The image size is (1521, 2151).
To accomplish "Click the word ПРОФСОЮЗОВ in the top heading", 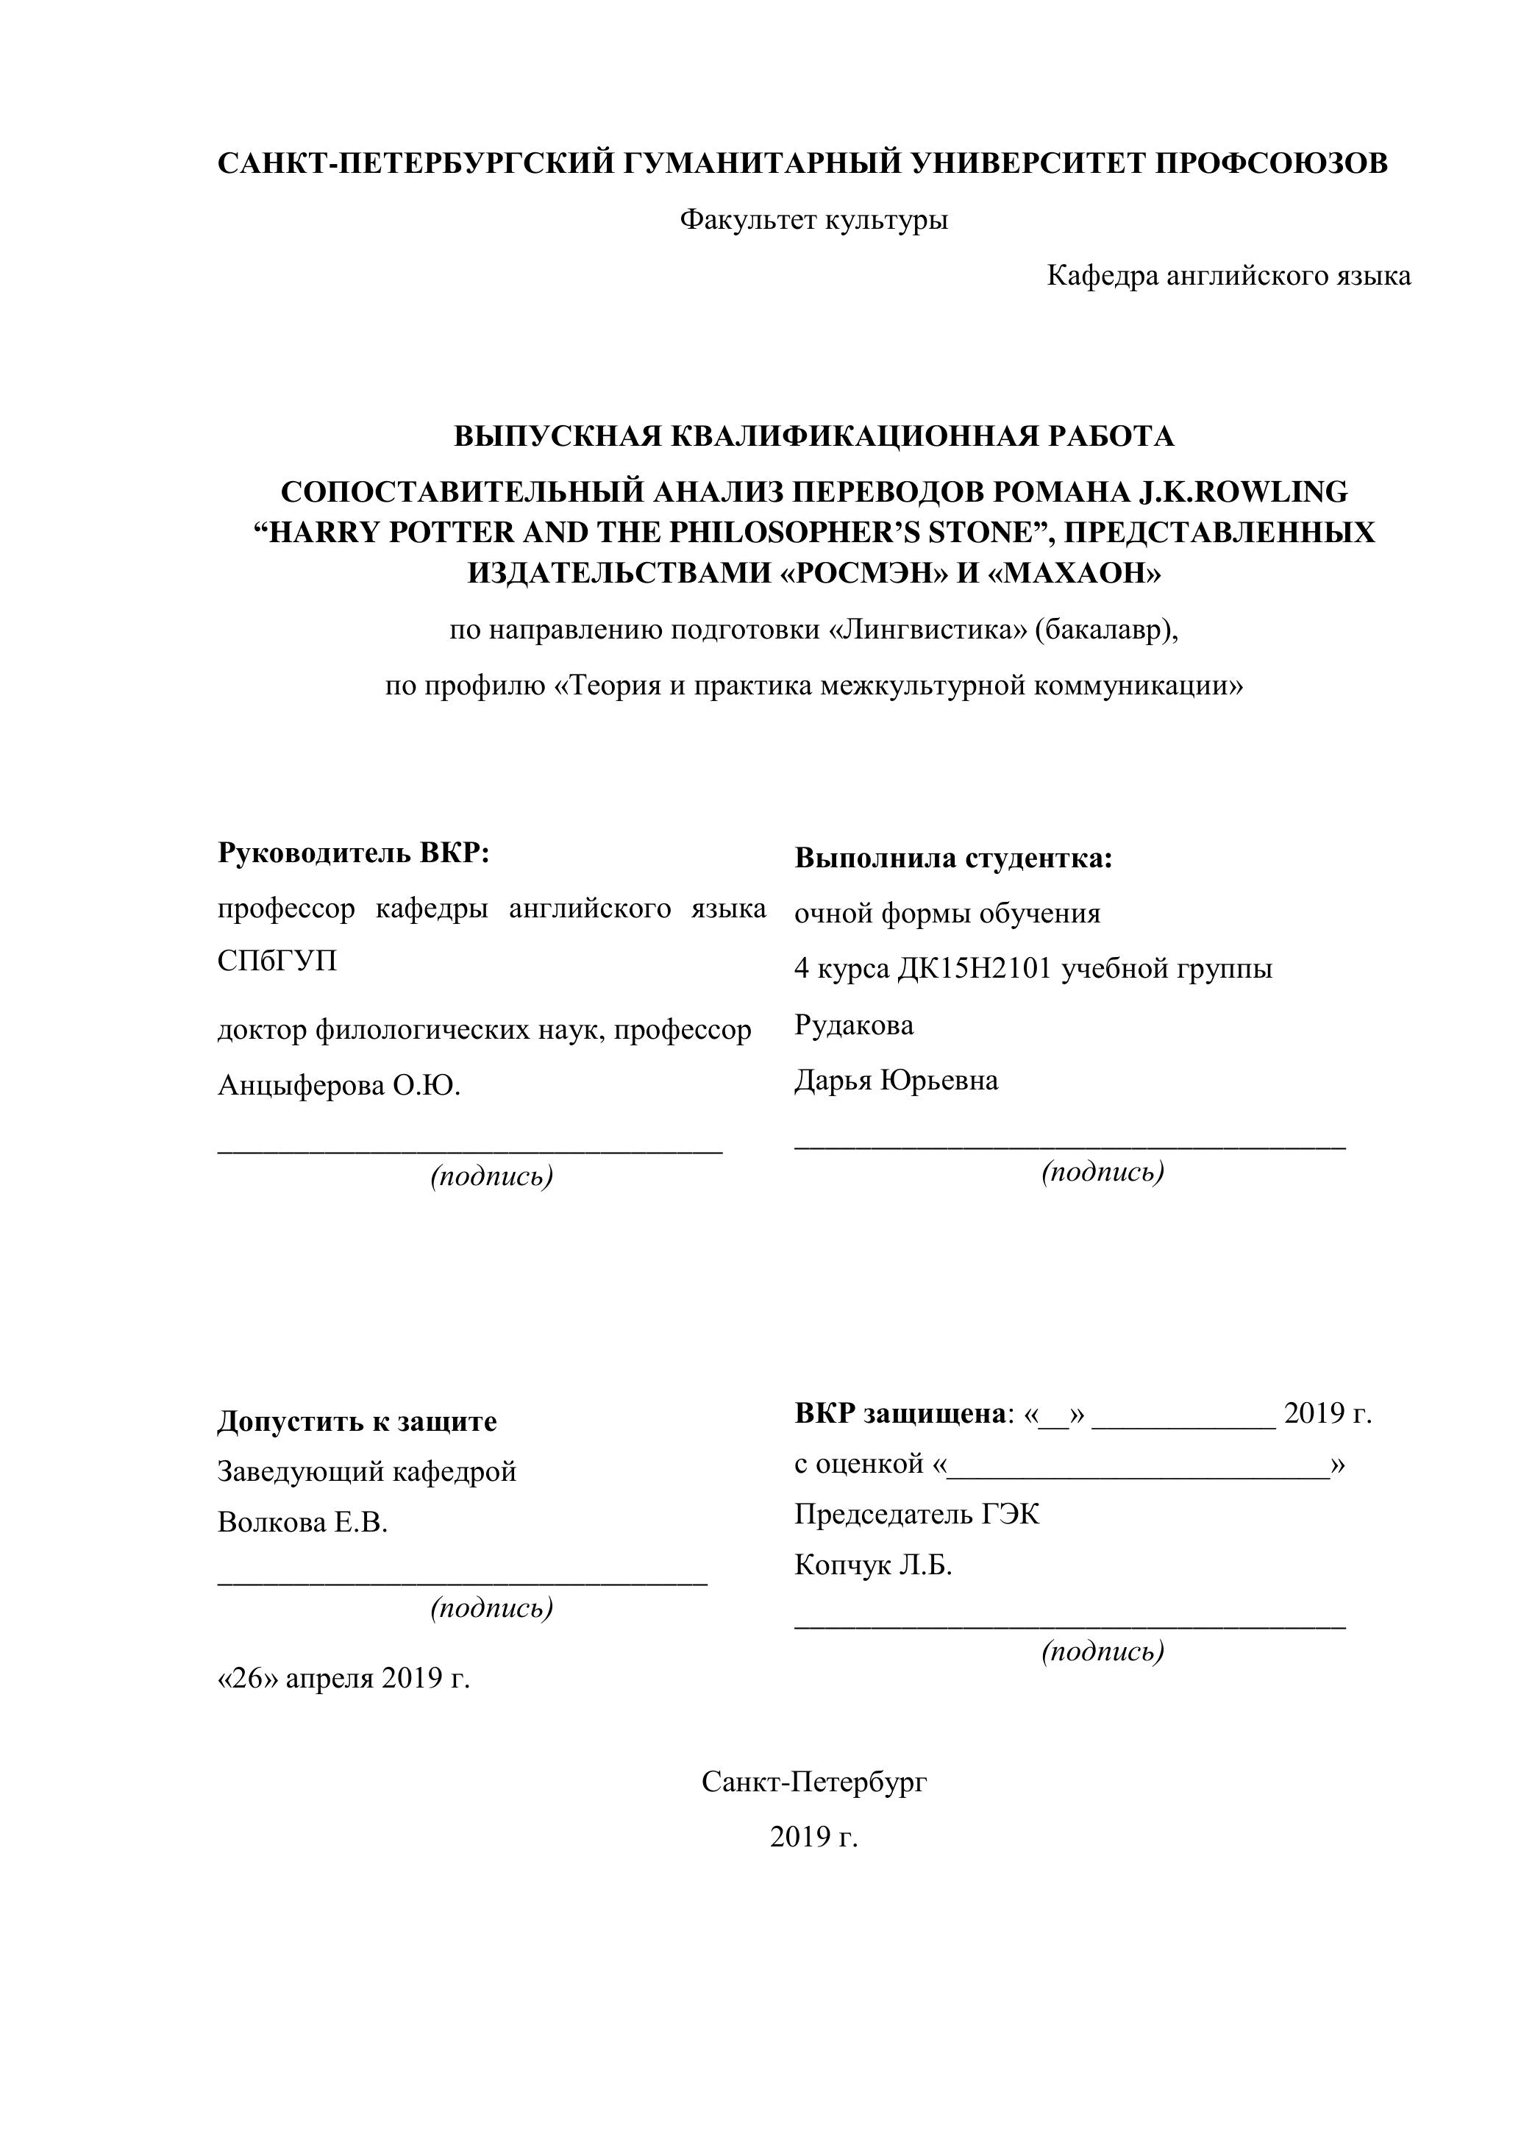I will point(1270,164).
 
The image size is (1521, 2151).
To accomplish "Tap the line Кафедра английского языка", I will point(1228,277).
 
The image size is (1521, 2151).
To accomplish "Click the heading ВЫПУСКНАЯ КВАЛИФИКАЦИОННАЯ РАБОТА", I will point(813,436).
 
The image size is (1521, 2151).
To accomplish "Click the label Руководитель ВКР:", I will point(354,853).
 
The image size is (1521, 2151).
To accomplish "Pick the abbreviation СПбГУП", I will point(277,962).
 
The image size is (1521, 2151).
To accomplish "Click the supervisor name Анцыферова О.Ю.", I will point(339,1086).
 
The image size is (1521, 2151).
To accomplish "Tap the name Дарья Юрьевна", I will point(895,1080).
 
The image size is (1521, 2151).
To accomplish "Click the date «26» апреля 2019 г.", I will point(343,1678).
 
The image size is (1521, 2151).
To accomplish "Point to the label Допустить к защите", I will point(357,1422).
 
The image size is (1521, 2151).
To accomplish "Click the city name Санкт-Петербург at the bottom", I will point(814,1782).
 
